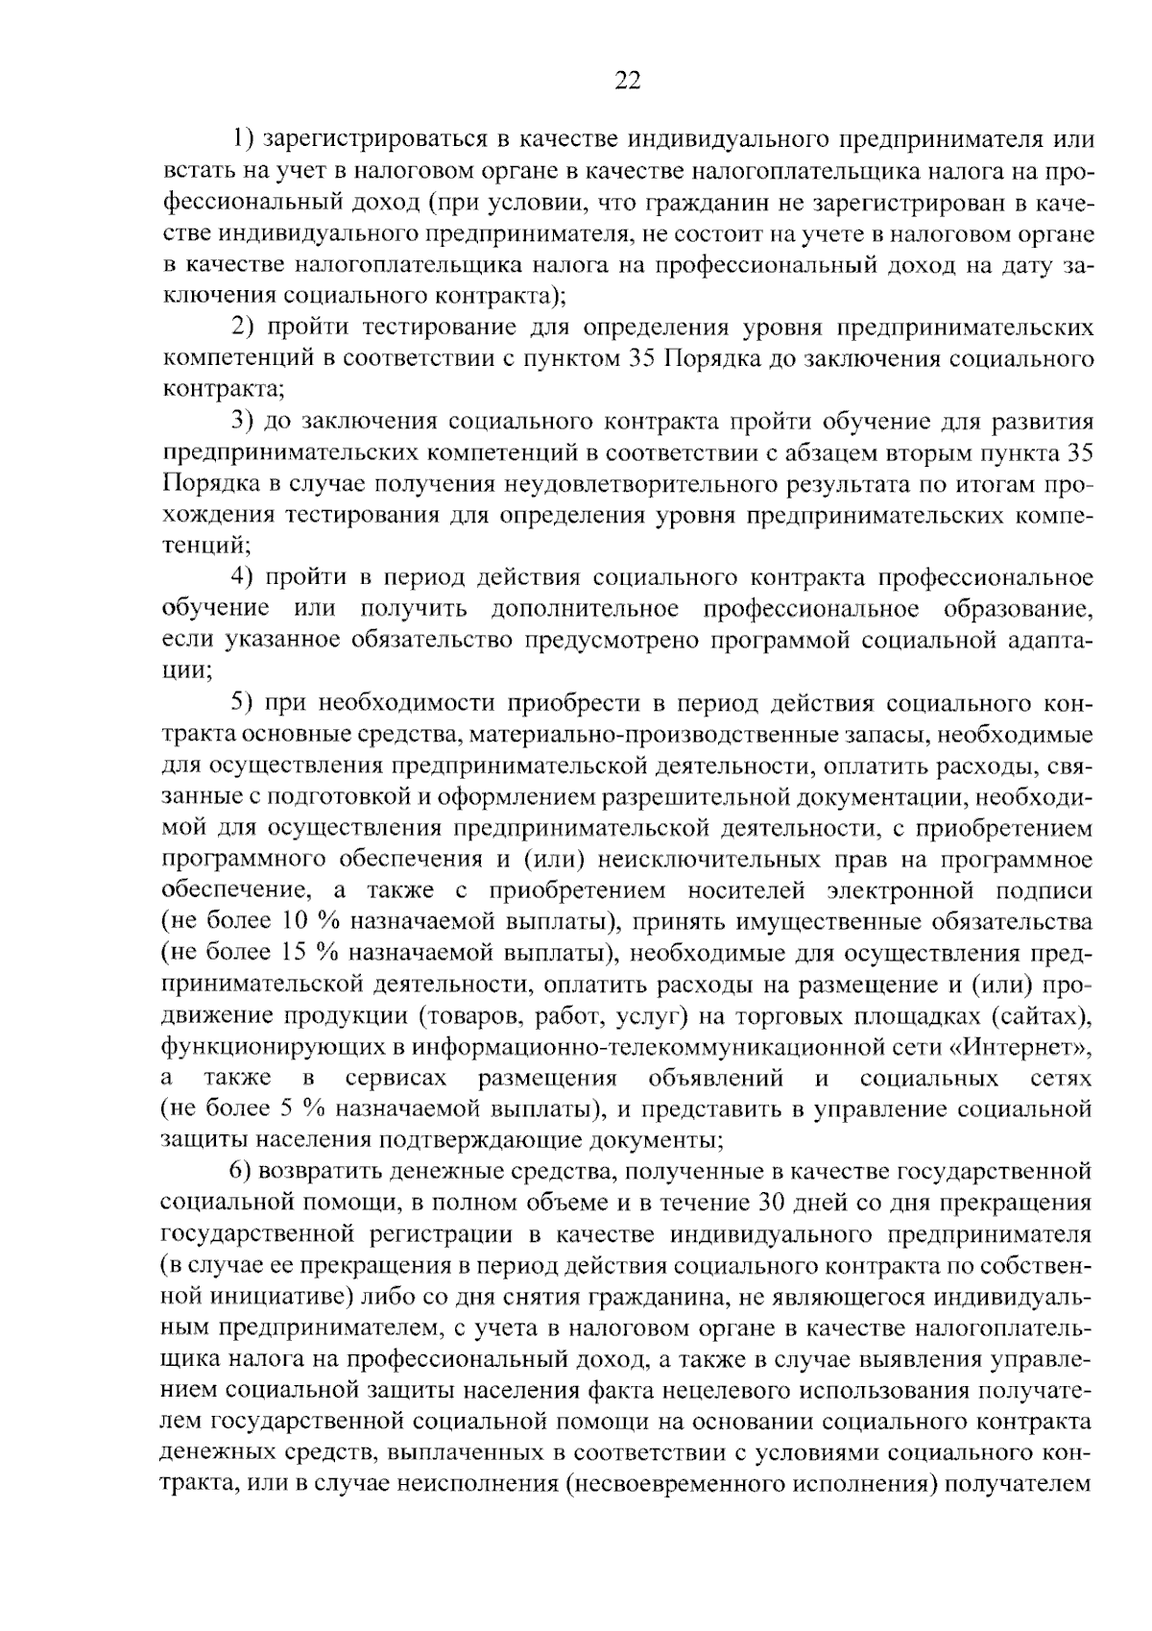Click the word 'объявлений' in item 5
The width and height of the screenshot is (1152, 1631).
(x=716, y=1079)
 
